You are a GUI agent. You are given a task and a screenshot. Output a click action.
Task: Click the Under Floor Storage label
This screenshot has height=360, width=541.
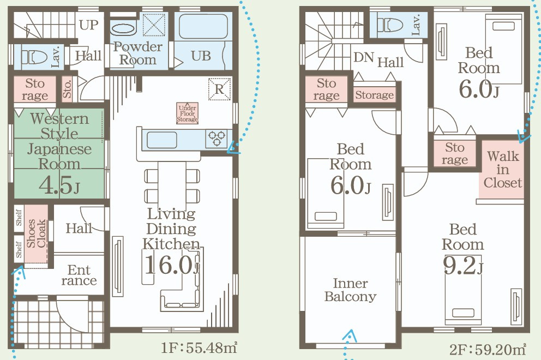pyautogui.click(x=188, y=113)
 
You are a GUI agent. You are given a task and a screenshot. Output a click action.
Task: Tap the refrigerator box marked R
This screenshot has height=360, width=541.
pyautogui.click(x=219, y=89)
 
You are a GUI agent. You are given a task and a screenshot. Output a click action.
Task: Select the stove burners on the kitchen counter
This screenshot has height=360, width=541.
pyautogui.click(x=217, y=139)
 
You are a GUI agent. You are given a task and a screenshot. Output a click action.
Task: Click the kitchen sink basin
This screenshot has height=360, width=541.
pyautogui.click(x=162, y=140)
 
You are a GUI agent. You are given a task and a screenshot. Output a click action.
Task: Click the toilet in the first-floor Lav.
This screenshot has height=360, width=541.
pyautogui.click(x=34, y=57)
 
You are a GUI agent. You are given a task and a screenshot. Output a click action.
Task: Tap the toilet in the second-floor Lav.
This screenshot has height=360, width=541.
pyautogui.click(x=390, y=25)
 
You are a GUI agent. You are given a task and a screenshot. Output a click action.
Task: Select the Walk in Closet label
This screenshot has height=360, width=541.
pyautogui.click(x=503, y=170)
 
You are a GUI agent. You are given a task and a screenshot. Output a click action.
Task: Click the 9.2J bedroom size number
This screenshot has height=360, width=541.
pyautogui.click(x=464, y=266)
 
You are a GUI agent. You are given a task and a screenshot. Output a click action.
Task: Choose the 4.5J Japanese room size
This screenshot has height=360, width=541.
pyautogui.click(x=59, y=185)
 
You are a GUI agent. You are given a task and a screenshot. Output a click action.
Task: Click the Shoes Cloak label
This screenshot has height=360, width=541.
pyautogui.click(x=36, y=233)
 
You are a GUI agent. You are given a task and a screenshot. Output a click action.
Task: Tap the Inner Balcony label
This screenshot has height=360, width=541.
pyautogui.click(x=350, y=290)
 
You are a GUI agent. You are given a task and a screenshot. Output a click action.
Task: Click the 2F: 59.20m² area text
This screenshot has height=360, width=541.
pyautogui.click(x=488, y=349)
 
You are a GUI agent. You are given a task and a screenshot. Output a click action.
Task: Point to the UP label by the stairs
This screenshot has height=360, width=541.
pyautogui.click(x=89, y=25)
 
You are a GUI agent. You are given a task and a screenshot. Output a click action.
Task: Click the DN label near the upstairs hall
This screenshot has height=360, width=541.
pyautogui.click(x=364, y=57)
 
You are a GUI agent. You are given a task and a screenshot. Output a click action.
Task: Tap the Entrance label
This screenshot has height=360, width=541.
pyautogui.click(x=79, y=275)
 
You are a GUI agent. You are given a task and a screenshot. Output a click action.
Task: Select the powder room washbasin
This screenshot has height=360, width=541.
pyautogui.click(x=123, y=28)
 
